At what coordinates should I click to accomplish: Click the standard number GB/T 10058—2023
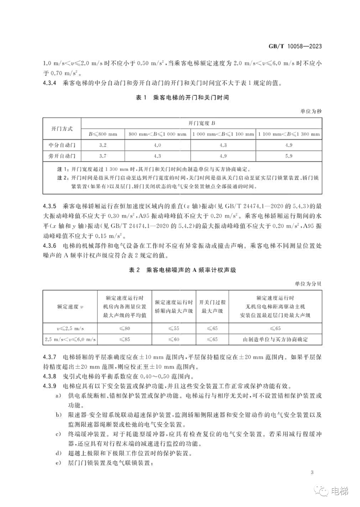point(295,46)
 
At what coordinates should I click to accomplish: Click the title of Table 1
point(182,98)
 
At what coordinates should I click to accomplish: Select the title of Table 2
point(182,270)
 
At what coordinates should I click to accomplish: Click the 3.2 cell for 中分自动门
point(103,145)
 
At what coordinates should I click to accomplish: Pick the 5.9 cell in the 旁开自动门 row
point(289,156)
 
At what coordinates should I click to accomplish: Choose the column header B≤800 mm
point(103,134)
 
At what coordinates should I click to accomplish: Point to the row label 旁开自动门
point(62,156)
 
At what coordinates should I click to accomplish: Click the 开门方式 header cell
point(62,128)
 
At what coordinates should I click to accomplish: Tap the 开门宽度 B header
point(202,123)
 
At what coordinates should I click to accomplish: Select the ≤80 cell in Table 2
point(125,329)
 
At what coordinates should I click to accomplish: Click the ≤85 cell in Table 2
point(125,340)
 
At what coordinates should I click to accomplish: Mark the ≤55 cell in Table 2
point(174,329)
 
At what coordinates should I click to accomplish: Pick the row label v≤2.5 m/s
point(70,329)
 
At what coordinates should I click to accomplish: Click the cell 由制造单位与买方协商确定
point(275,340)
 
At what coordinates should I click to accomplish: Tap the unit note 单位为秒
point(311,111)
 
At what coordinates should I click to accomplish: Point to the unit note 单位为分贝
point(308,284)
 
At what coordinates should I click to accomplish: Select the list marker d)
point(59,453)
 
